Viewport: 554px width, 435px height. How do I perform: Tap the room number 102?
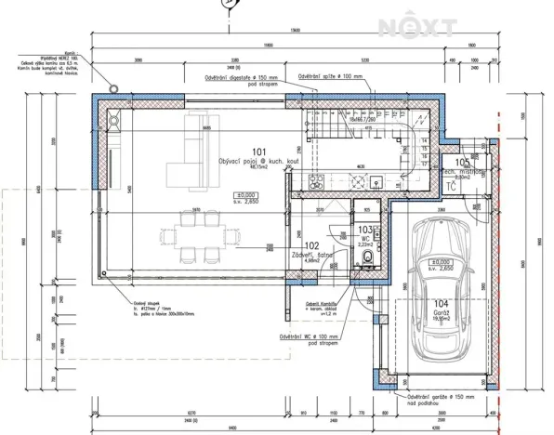[311, 246]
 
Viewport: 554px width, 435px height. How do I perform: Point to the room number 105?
[450, 161]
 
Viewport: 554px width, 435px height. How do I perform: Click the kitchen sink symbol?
[405, 154]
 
